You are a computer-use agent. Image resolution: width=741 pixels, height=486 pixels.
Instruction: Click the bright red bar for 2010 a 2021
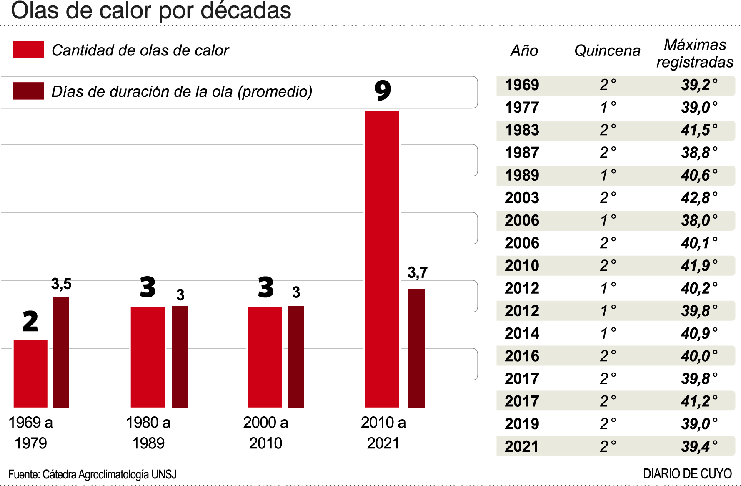tap(382, 259)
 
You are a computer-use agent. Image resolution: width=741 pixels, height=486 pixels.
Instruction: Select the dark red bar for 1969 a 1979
tap(61, 353)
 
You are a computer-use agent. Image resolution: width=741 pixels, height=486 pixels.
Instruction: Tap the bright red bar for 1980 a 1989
tap(148, 357)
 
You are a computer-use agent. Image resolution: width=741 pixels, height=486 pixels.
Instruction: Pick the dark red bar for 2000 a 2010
tap(296, 357)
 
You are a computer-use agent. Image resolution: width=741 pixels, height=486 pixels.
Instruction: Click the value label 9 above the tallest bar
tap(383, 91)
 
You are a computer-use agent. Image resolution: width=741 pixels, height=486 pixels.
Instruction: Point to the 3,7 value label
tap(417, 272)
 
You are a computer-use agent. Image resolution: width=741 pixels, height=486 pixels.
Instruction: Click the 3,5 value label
tap(61, 284)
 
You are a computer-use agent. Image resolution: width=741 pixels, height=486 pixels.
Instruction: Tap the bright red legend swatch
tap(28, 50)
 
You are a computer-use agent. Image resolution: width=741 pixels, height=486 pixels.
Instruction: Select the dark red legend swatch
tap(28, 91)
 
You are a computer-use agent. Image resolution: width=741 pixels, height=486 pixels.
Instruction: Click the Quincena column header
tap(607, 50)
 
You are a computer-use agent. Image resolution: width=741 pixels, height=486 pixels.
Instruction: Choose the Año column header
tap(524, 50)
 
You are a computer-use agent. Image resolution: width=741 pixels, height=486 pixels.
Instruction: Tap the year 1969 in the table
tap(522, 85)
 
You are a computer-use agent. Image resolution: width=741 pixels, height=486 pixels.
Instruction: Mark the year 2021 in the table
tap(522, 446)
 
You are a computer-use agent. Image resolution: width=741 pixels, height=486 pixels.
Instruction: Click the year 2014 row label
tap(522, 333)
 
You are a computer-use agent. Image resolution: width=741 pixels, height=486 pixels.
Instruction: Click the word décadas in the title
tap(246, 11)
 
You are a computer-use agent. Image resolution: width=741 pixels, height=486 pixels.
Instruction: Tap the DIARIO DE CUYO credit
tap(687, 474)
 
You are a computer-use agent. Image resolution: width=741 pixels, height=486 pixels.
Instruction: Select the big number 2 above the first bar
tap(30, 322)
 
